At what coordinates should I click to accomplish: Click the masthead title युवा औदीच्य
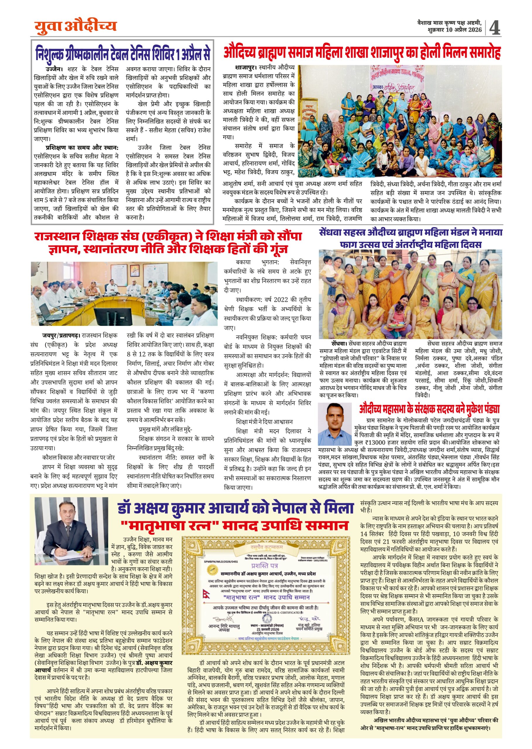click(x=75, y=27)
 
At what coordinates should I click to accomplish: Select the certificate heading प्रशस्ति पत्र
click(x=265, y=566)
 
